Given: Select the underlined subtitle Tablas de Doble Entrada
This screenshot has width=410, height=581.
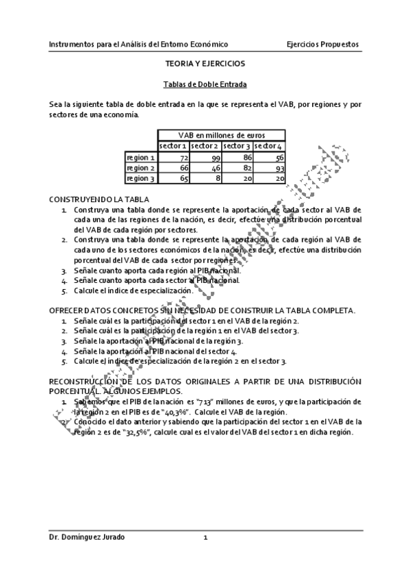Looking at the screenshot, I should [205, 85].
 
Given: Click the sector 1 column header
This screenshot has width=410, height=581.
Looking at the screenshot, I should [173, 146].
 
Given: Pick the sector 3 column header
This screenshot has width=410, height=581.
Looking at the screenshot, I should [237, 146].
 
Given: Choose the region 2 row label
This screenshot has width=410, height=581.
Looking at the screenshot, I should [141, 168].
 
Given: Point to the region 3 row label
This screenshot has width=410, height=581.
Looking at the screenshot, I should [141, 178].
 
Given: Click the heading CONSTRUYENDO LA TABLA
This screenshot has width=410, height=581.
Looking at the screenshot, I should [94, 198].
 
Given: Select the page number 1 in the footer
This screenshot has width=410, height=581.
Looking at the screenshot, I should [205, 538].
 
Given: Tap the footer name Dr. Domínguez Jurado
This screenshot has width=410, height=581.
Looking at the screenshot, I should [87, 538].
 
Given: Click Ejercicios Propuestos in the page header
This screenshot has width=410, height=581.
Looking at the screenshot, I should [322, 45].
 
